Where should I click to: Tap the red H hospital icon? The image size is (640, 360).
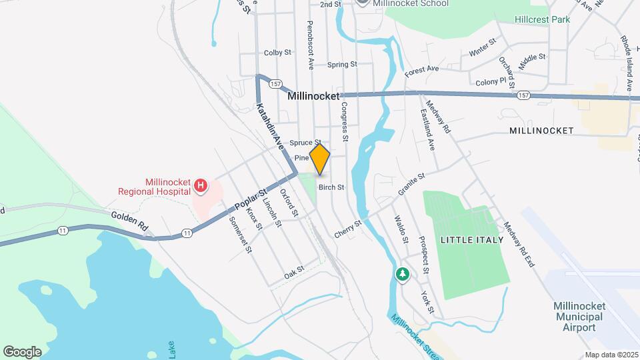pyautogui.click(x=200, y=184)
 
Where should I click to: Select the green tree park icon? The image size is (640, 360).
pyautogui.click(x=402, y=273)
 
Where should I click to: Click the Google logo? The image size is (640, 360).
pyautogui.click(x=23, y=351)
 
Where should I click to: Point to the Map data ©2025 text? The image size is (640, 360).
pyautogui.click(x=611, y=355)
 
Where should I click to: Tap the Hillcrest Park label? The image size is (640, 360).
pyautogui.click(x=542, y=19)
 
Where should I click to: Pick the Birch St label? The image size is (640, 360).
pyautogui.click(x=331, y=188)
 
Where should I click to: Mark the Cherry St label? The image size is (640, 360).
pyautogui.click(x=348, y=228)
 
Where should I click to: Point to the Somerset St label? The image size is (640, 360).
pyautogui.click(x=241, y=235)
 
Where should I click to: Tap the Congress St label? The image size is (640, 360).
pyautogui.click(x=345, y=121)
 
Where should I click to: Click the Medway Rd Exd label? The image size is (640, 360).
pyautogui.click(x=520, y=245)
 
